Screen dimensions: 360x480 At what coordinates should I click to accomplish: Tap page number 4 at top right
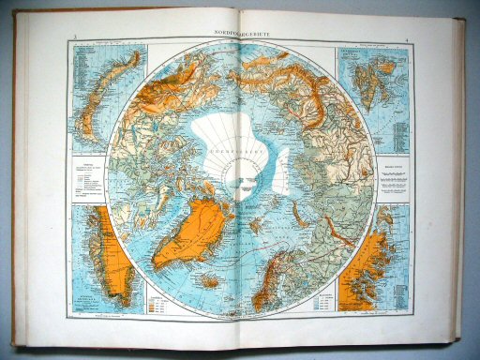pyautogui.click(x=404, y=39)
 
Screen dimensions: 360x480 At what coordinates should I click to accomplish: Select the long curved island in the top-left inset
pyautogui.click(x=103, y=89)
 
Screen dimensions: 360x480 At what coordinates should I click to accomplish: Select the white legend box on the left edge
pyautogui.click(x=89, y=178)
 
